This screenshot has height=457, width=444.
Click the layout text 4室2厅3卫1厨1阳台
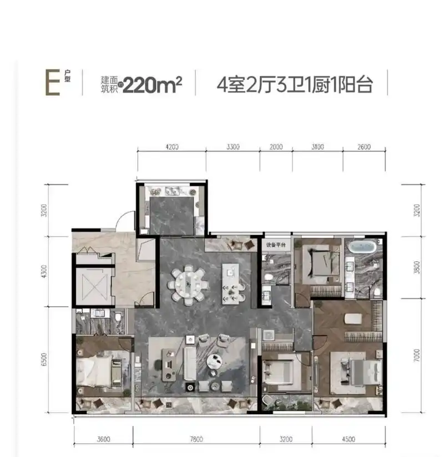pos(294,85)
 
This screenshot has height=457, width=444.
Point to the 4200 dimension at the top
pos(172,147)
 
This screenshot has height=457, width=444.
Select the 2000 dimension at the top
pos(276,147)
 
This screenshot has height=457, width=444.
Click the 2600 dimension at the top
pos(364,147)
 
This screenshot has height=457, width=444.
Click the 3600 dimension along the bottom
pos(103,440)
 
